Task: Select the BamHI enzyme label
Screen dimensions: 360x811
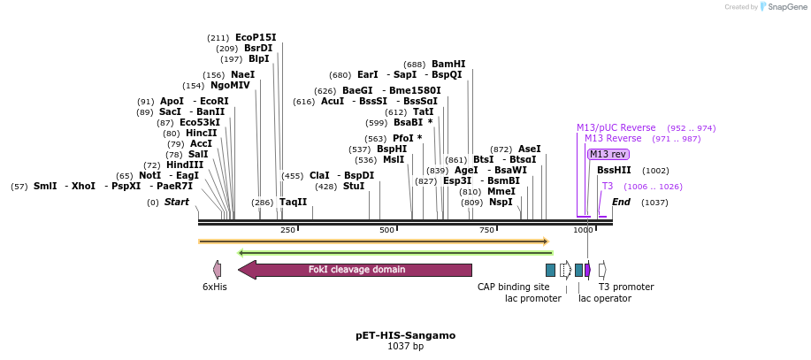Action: point(448,65)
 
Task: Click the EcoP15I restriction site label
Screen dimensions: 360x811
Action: point(256,38)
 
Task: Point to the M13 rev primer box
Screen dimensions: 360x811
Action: point(608,154)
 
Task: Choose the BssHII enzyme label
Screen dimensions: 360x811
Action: point(614,171)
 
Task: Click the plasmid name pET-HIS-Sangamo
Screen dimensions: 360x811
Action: point(406,336)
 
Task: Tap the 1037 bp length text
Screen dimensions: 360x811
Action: point(406,347)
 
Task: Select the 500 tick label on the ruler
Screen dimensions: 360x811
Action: point(387,230)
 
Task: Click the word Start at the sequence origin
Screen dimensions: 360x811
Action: point(177,203)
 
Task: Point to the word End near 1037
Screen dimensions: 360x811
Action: point(622,203)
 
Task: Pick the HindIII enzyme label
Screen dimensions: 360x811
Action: point(185,165)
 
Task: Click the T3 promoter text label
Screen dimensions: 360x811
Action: point(626,287)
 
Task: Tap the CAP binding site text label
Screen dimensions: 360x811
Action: point(514,287)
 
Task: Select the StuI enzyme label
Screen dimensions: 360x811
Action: point(354,187)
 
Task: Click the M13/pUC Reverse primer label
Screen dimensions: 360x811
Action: point(616,128)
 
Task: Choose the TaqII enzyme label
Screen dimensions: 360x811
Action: point(294,203)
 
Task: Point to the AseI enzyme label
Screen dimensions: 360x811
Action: point(530,149)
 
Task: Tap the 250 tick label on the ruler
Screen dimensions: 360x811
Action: point(287,230)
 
